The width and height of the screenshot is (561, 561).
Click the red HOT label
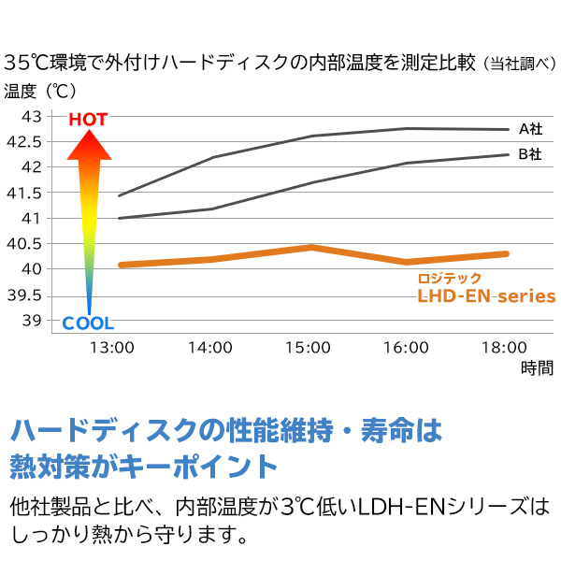coord(88,120)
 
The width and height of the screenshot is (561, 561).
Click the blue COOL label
coord(88,324)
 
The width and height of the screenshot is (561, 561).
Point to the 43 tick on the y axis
coord(31,117)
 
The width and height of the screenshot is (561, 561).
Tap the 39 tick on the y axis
coord(31,321)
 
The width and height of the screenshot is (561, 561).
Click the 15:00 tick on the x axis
coord(308,347)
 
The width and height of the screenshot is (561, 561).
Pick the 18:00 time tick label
coord(503,347)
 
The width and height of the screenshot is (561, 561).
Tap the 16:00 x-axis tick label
coord(405,347)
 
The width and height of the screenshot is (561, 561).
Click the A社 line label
coord(530,129)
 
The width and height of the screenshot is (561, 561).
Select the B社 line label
coord(530,154)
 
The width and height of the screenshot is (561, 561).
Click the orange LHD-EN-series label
coord(486,296)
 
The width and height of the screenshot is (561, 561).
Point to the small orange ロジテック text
coord(450,278)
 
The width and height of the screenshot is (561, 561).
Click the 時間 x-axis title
coord(537,367)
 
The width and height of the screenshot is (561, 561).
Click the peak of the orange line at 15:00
coord(310,247)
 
